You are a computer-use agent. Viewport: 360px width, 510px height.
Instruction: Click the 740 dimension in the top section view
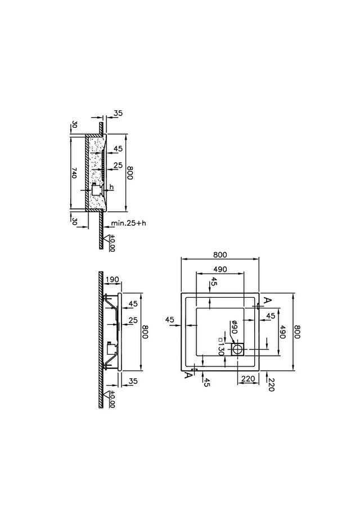pos(74,173)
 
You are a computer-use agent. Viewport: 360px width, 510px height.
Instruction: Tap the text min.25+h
pos(129,223)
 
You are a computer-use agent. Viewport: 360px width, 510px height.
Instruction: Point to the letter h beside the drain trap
pos(111,187)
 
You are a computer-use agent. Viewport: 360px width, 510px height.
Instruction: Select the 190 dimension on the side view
pos(112,279)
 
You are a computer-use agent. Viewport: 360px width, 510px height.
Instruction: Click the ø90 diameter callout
pos(233,327)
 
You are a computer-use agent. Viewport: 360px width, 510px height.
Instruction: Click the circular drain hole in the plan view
pos(237,350)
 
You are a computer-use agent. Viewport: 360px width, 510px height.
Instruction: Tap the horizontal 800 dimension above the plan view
pos(220,254)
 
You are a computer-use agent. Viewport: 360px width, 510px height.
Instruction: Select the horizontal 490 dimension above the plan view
pos(220,269)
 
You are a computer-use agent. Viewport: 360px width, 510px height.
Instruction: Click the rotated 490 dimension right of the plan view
pos(282,332)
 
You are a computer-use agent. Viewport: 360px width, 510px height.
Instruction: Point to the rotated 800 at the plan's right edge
pos(296,332)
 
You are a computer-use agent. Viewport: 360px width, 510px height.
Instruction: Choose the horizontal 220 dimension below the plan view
pos(248,379)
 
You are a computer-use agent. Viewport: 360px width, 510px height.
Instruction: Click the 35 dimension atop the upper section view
pos(118,113)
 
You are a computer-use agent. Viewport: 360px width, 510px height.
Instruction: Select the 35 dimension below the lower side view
pos(133,381)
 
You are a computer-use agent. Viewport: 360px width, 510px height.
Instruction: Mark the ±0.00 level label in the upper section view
pos(112,243)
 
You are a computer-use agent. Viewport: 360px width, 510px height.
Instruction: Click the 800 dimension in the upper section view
pos(130,173)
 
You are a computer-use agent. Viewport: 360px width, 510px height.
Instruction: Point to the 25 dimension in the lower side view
pos(133,320)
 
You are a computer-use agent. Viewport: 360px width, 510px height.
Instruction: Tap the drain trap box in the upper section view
pos(96,189)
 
